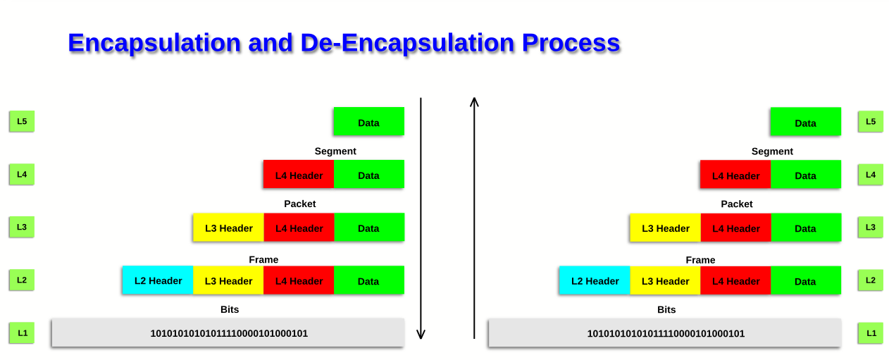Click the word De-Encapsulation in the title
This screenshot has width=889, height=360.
coord(407,43)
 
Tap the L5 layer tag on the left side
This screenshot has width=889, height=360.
coord(22,121)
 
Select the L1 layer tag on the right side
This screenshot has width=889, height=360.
coord(871,333)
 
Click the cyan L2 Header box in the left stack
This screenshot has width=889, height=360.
coord(158,280)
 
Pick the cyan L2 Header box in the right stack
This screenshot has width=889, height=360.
coord(595,280)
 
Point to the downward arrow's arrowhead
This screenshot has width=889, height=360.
coord(421,335)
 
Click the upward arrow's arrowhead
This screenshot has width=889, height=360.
coord(474,101)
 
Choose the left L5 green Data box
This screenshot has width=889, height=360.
coord(369,121)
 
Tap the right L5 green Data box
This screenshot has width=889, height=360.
coord(806,121)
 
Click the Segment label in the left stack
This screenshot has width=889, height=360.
coord(335,151)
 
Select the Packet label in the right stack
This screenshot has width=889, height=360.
coord(737,204)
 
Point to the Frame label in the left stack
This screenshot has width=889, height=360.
coord(263,259)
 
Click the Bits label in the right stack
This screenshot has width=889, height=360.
coord(666,309)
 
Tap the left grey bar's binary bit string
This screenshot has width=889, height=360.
coord(229,333)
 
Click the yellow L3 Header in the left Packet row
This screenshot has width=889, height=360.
coord(229,228)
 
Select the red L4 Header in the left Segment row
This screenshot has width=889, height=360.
coord(299,174)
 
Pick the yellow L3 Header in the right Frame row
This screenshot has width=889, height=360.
coord(665,280)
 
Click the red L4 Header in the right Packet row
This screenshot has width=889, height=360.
coord(736,228)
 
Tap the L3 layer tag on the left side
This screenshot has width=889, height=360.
coord(22,227)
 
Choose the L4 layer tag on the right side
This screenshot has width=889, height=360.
coord(871,175)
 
